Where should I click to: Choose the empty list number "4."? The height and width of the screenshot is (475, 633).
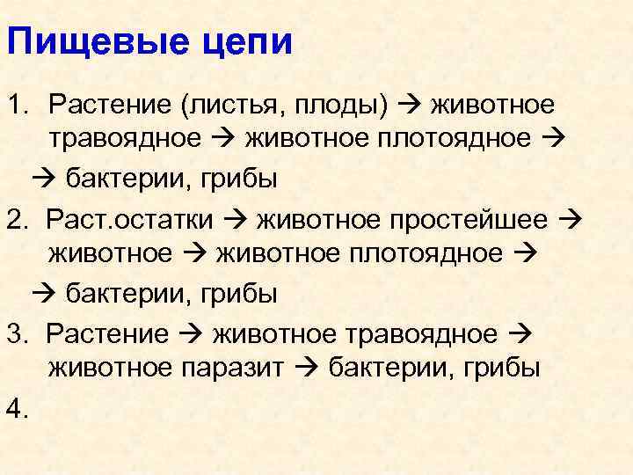pyautogui.click(x=19, y=407)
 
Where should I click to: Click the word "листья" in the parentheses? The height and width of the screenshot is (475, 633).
pyautogui.click(x=228, y=106)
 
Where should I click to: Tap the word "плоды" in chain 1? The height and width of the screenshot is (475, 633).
pyautogui.click(x=338, y=106)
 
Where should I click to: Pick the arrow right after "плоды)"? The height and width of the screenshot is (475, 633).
pyautogui.click(x=410, y=106)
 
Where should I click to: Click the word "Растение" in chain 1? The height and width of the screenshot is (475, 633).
pyautogui.click(x=110, y=106)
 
